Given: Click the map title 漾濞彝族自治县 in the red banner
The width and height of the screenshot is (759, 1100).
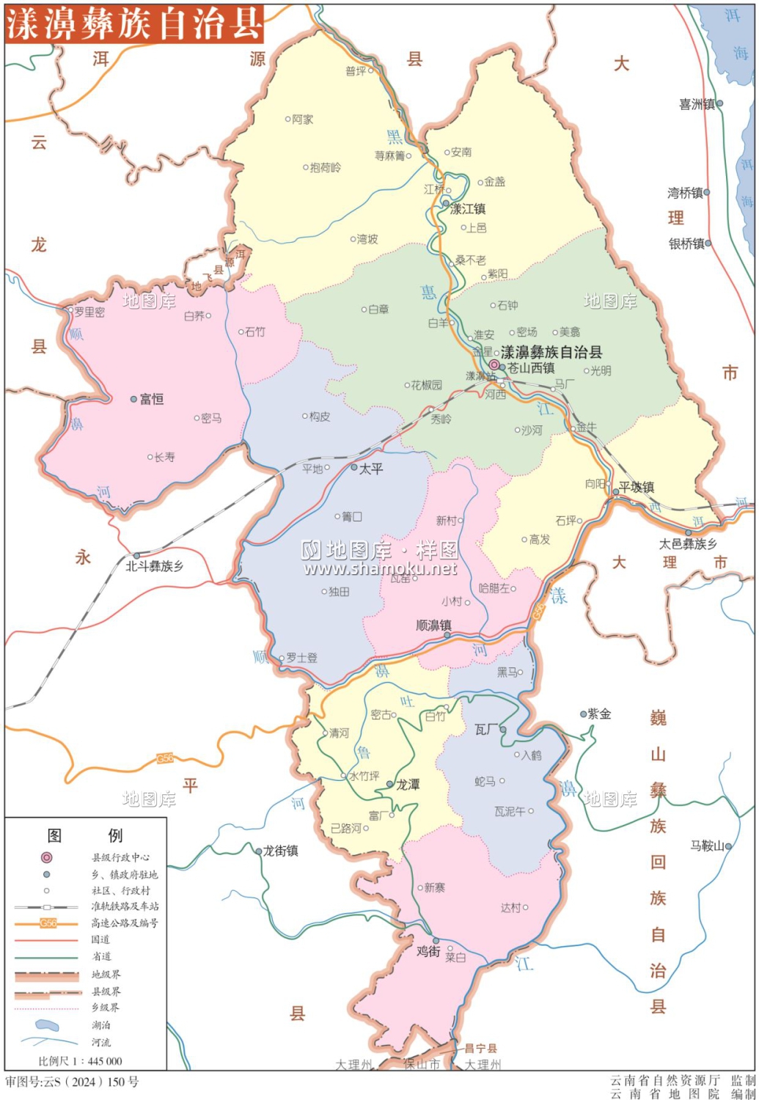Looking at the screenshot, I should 134,24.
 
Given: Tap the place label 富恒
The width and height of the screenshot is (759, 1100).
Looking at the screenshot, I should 151,399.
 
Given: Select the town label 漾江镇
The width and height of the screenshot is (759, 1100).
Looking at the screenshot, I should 467,209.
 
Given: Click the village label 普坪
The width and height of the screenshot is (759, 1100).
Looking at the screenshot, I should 356,71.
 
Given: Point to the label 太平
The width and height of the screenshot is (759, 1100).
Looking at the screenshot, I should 371,469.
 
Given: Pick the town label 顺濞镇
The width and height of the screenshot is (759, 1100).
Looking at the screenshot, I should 433,626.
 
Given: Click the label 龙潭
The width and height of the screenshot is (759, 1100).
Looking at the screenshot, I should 408,785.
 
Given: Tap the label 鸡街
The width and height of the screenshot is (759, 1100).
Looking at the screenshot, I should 428,951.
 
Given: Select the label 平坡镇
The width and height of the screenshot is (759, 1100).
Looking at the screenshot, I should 637,487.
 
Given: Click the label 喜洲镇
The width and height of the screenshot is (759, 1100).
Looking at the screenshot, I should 697,104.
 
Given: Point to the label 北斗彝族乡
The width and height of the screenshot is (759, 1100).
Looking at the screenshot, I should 154,566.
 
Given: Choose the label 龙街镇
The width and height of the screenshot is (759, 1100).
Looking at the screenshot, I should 280,851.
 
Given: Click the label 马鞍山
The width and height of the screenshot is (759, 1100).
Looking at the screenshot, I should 707,846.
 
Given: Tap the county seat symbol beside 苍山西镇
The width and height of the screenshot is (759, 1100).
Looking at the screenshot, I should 495,364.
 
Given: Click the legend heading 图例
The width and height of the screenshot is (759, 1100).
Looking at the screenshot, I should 84,835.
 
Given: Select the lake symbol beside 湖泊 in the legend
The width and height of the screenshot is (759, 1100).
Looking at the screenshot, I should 47,1024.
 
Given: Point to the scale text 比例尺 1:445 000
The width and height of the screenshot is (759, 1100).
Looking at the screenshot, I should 80,1061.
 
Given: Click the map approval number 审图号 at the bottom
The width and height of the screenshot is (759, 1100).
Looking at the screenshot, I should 72,1082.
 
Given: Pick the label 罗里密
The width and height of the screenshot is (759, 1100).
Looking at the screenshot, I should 89,312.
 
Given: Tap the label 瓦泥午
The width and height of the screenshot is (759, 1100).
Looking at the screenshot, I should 510,811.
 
